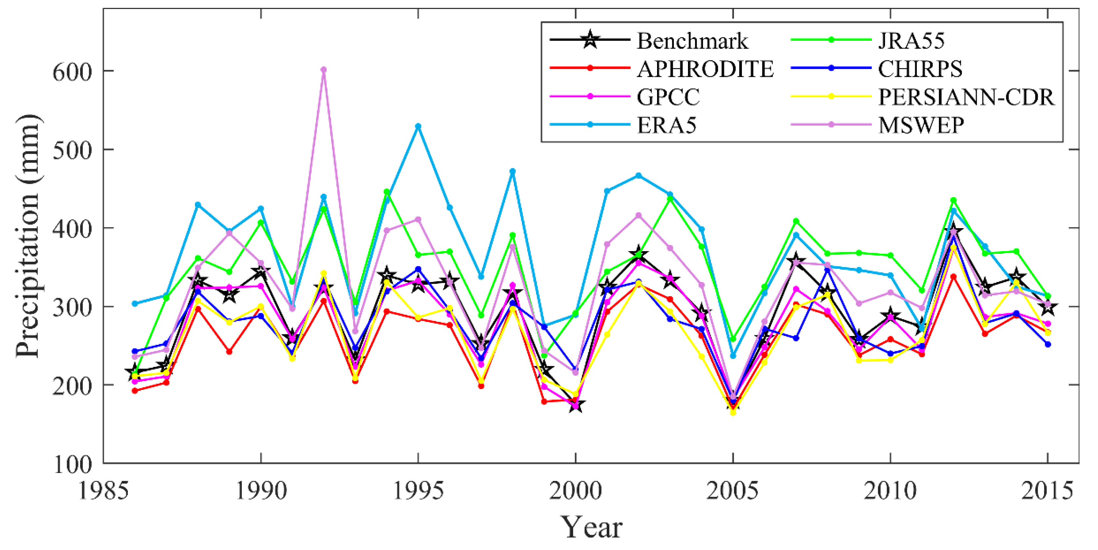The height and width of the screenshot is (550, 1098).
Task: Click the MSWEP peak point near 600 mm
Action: click(324, 69)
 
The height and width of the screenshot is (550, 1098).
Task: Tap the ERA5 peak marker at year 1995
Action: click(418, 127)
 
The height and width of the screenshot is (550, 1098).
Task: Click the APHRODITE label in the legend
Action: click(705, 69)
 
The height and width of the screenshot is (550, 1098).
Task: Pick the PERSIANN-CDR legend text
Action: click(966, 97)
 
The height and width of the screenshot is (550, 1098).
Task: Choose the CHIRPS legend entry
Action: click(920, 69)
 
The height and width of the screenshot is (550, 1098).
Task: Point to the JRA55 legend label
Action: click(911, 41)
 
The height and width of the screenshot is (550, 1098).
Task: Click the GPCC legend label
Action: click(668, 97)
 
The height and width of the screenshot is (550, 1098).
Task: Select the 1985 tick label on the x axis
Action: click(103, 490)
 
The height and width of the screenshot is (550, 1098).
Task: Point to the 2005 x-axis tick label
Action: click(732, 490)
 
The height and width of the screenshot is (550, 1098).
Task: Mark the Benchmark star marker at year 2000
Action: click(575, 405)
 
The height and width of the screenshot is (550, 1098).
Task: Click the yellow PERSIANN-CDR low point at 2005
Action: click(733, 412)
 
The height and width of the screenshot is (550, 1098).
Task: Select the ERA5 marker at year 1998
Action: click(513, 171)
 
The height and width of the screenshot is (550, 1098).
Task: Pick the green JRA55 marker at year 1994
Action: click(387, 192)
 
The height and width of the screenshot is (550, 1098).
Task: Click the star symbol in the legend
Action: click(590, 40)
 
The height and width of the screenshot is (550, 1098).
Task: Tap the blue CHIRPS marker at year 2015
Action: click(1048, 344)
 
